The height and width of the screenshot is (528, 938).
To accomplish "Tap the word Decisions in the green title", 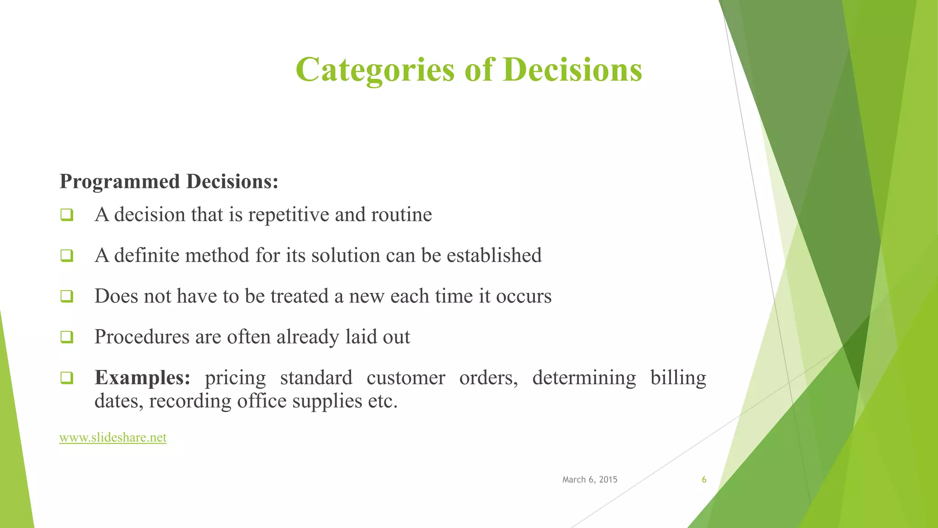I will click(x=573, y=70).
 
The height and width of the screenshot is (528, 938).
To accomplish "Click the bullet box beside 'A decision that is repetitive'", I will click(x=67, y=214).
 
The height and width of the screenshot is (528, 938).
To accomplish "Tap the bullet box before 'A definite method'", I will click(x=67, y=255).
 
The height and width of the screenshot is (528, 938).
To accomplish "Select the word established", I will click(x=494, y=255).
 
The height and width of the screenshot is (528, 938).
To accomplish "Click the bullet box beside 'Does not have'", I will click(x=67, y=296).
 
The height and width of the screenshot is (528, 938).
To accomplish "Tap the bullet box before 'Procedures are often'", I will click(x=67, y=337).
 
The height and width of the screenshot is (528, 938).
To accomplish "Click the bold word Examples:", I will click(x=142, y=378).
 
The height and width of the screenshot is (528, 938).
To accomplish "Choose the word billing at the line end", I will click(x=678, y=378).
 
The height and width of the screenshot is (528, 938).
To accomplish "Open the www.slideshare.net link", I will click(x=113, y=438).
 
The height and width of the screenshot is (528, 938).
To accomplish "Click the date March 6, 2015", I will click(x=589, y=479).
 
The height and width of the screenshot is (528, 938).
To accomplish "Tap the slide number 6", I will click(x=704, y=479).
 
